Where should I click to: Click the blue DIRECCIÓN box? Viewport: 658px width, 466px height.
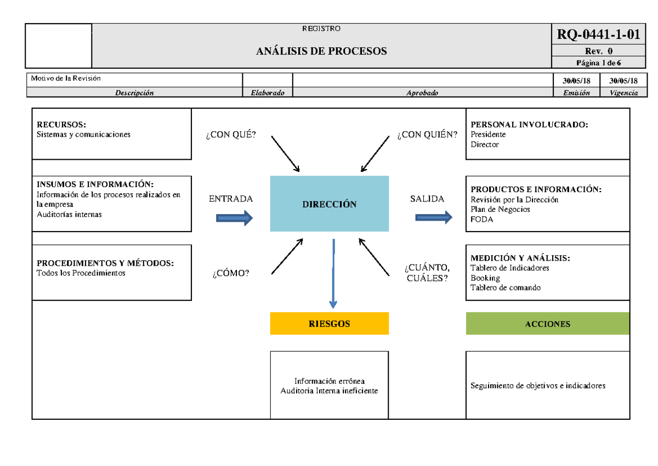tap(329, 204)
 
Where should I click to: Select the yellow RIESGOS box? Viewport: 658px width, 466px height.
tap(329, 324)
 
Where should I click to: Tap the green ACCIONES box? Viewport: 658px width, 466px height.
tap(547, 324)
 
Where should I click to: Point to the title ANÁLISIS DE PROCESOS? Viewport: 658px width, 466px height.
tap(321, 52)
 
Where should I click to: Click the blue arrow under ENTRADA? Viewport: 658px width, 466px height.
tap(234, 218)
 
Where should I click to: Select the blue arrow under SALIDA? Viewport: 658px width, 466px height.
tap(434, 218)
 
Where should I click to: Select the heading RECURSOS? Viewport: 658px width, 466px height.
tap(61, 125)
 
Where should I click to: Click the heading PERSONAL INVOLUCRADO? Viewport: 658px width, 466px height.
tap(529, 125)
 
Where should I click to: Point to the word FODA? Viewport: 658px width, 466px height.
tap(482, 220)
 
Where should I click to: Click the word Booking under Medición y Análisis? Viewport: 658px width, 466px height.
tap(485, 278)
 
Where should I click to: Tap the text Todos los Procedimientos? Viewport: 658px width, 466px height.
tap(81, 273)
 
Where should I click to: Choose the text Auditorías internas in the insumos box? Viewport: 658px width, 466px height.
tap(69, 215)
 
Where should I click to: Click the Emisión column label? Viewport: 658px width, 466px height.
tap(576, 93)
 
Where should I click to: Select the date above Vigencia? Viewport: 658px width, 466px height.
tap(620, 81)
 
